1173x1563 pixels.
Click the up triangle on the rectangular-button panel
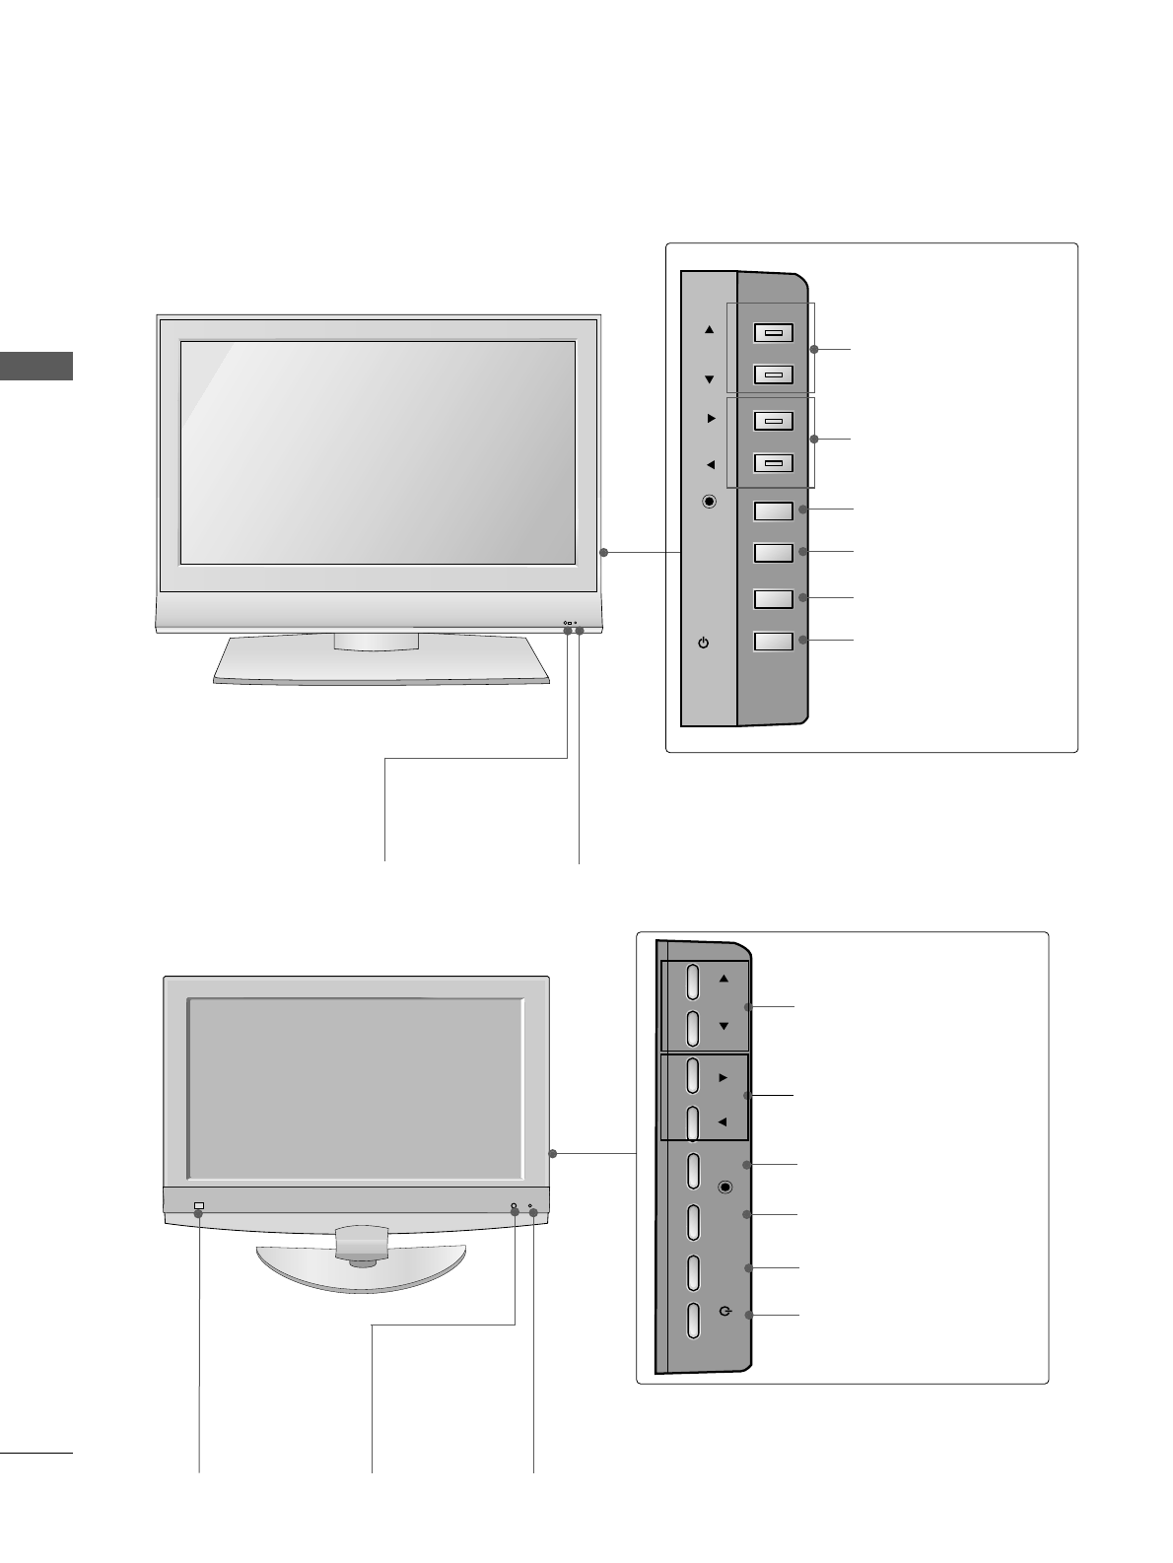tap(709, 330)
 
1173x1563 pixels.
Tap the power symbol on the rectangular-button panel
tap(703, 643)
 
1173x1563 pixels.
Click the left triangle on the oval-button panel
tap(723, 1121)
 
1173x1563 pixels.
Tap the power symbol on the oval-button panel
tap(725, 1311)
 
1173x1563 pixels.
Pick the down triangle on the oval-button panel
tap(724, 1026)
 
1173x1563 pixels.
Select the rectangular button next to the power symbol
tap(774, 642)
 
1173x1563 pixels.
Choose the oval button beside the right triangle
tap(693, 1075)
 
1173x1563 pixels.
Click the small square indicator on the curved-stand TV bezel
tap(199, 1206)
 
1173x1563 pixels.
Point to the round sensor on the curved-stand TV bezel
tap(514, 1207)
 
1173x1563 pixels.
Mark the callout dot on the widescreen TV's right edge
tap(604, 553)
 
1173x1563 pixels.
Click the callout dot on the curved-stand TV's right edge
tap(553, 1153)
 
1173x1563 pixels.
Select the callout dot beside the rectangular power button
tap(804, 642)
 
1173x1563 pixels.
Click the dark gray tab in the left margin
tap(36, 365)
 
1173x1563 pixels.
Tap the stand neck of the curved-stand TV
tap(362, 1243)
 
